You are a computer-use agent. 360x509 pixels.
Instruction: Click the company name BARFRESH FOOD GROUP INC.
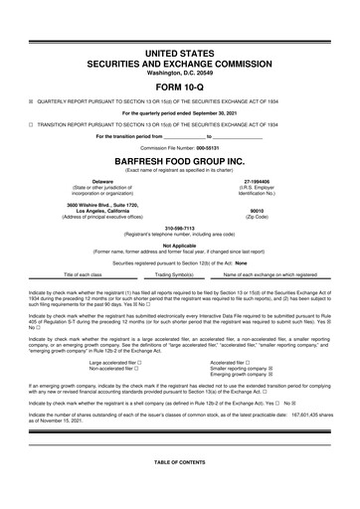tap(179, 158)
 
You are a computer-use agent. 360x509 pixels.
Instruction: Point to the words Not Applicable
tap(179, 245)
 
